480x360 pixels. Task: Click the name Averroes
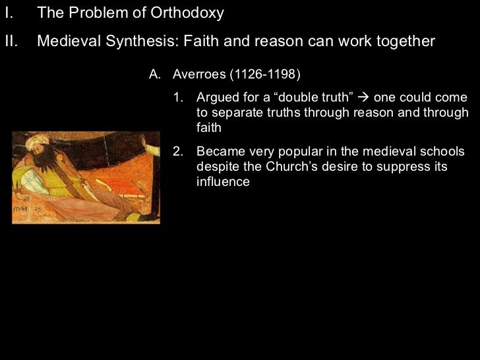click(x=198, y=73)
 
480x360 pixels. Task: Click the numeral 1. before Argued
click(x=177, y=98)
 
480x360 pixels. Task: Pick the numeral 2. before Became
click(x=177, y=151)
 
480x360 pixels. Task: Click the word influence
click(x=223, y=181)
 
